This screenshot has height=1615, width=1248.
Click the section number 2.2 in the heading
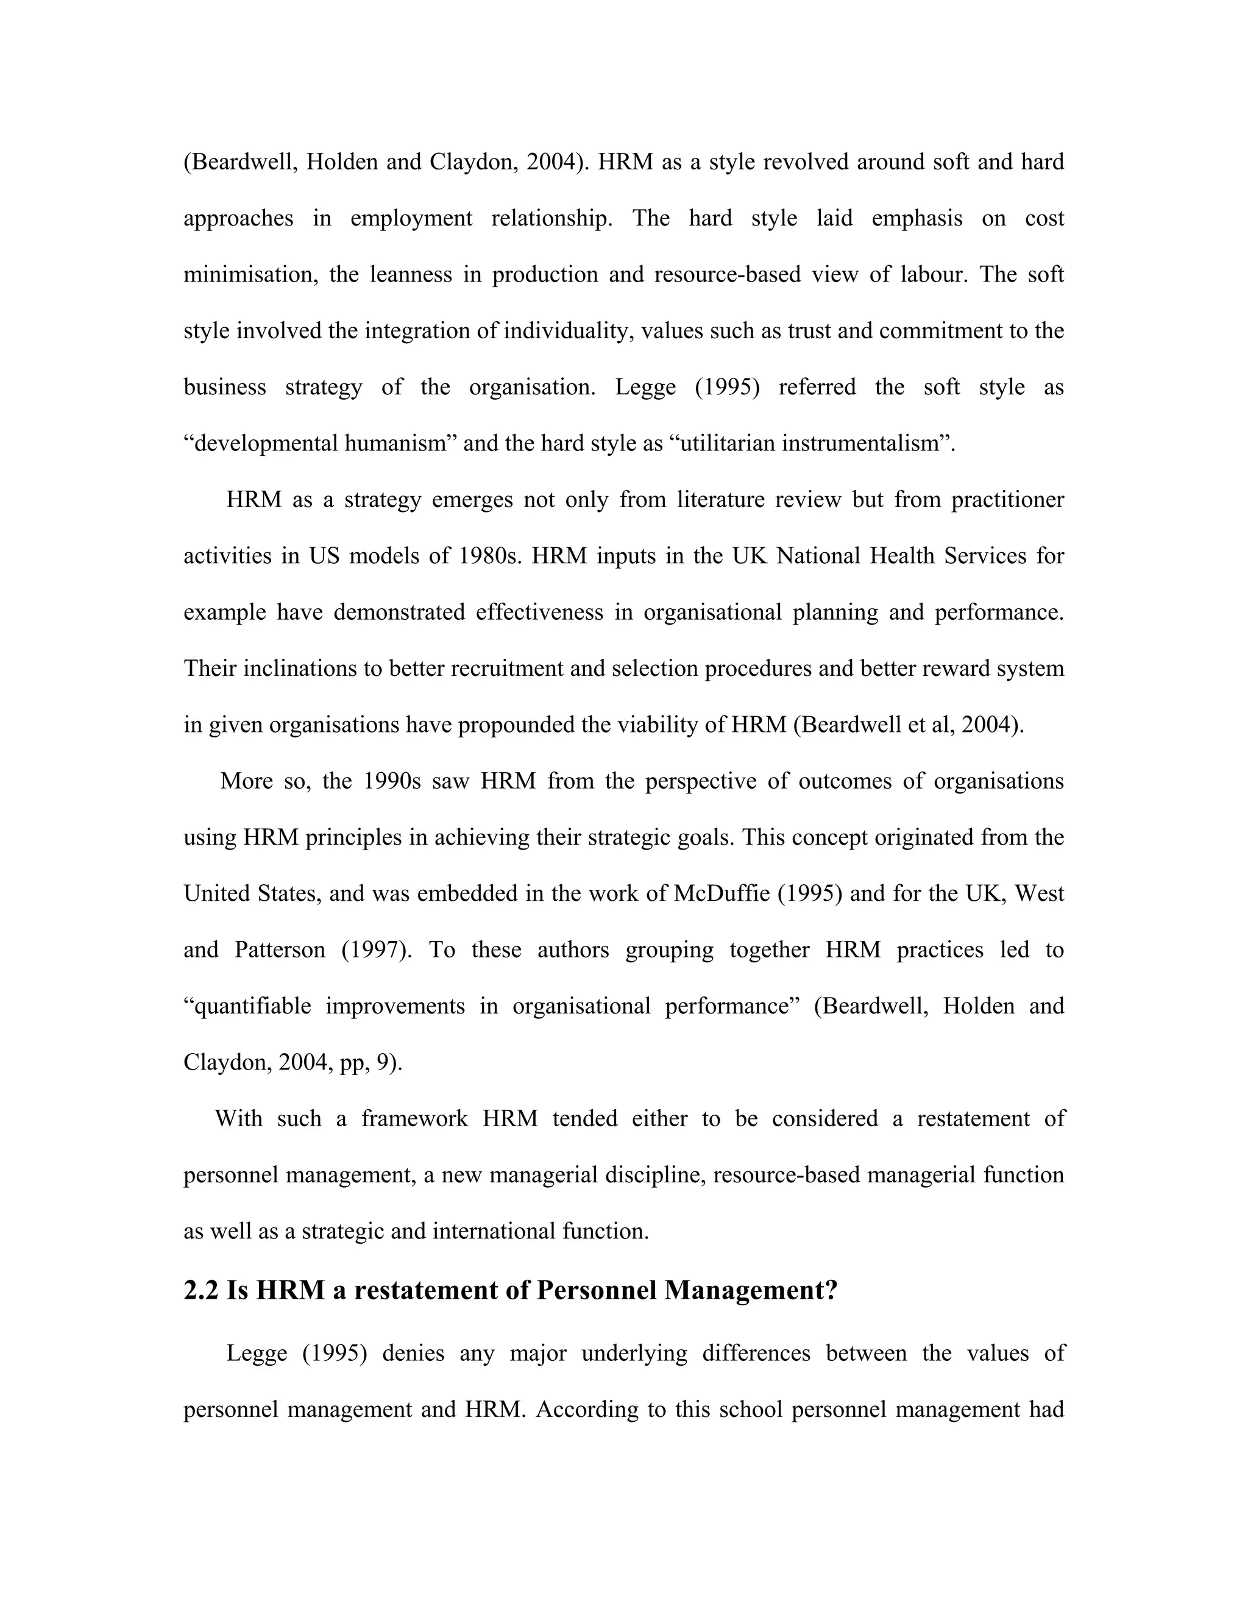[x=200, y=1290]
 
